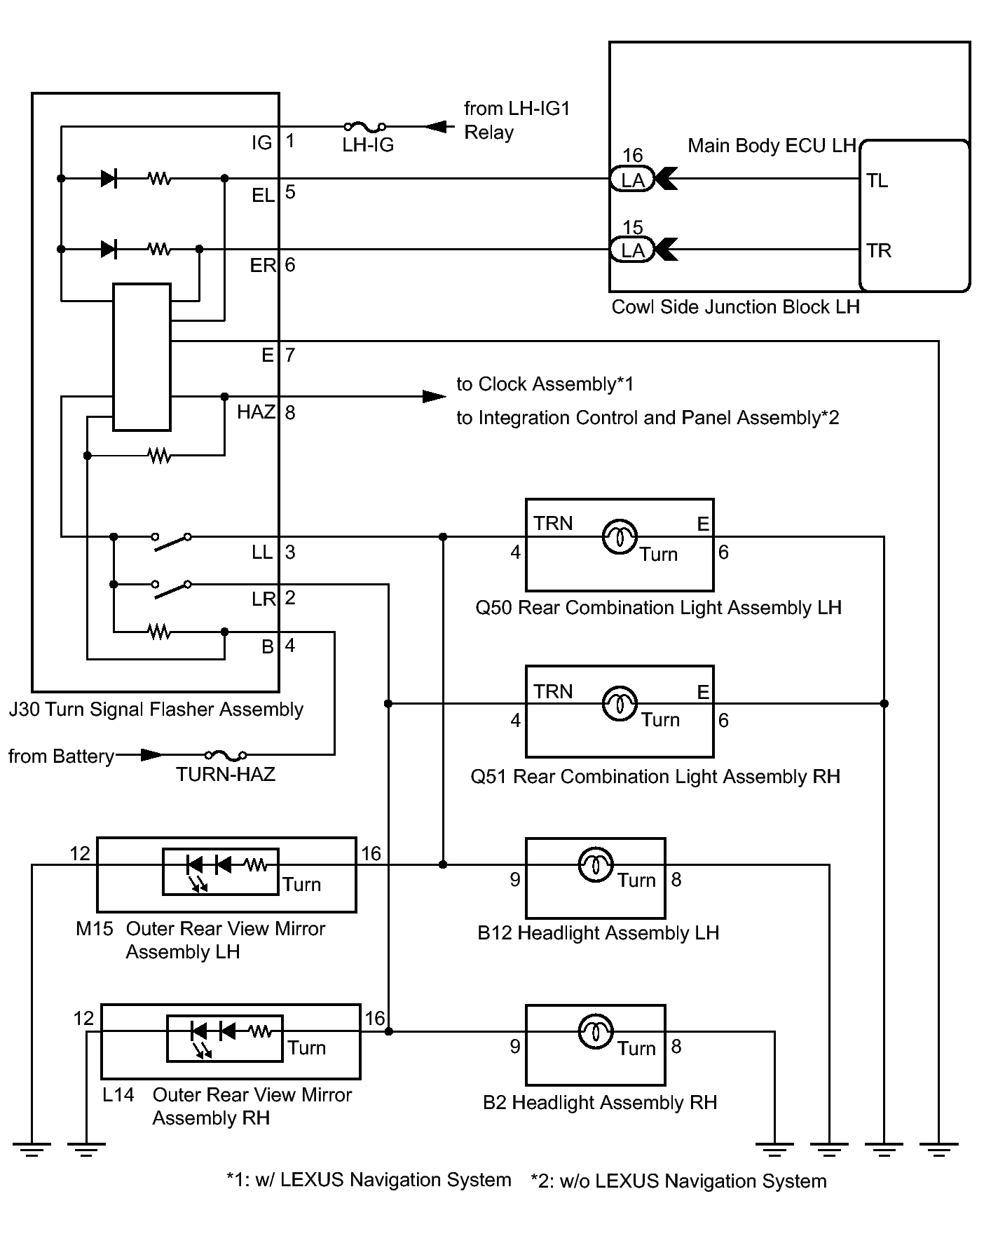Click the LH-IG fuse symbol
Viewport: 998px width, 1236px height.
364,127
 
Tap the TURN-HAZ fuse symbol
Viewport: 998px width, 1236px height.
226,755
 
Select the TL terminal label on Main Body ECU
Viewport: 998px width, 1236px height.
877,181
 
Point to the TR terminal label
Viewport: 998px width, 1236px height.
878,251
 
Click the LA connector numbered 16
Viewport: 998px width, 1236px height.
632,179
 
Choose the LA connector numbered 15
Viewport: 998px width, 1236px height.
632,250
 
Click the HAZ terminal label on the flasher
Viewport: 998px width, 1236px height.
256,412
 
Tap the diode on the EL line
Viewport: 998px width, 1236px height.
109,179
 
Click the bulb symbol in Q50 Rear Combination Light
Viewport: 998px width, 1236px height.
620,537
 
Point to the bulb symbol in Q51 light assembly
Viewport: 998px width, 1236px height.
620,703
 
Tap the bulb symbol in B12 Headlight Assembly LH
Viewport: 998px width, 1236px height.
596,864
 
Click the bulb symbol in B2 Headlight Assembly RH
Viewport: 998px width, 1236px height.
596,1031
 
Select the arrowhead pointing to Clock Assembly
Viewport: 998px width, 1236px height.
435,397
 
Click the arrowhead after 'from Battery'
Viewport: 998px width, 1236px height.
151,755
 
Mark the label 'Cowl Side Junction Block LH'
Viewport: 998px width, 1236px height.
735,307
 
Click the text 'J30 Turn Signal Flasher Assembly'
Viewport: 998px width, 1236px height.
156,709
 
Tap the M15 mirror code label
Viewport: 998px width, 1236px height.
94,929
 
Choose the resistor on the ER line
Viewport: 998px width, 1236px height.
160,249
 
